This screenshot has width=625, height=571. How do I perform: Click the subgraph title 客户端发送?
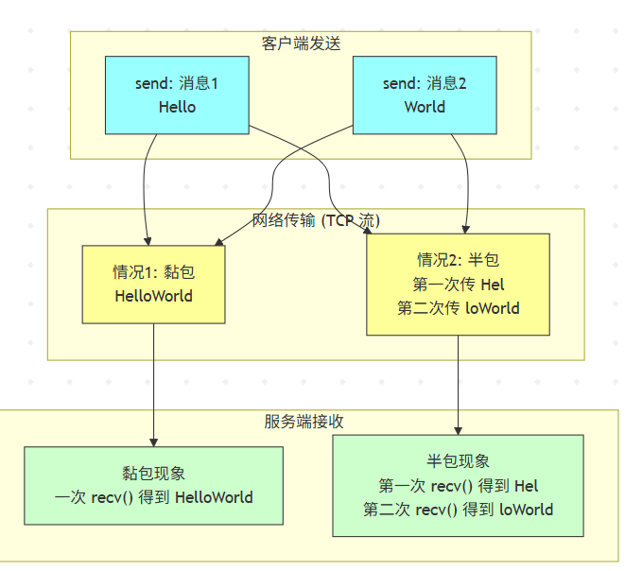(x=300, y=43)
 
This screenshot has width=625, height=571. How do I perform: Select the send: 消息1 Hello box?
(x=177, y=95)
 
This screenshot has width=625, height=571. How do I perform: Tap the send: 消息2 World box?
(x=425, y=95)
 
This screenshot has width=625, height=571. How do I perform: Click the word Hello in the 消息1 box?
(x=177, y=107)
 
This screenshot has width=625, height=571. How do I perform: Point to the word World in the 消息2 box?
(x=425, y=107)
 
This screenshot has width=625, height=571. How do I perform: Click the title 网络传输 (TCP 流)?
(x=316, y=221)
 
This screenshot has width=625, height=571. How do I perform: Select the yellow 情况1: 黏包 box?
(x=153, y=284)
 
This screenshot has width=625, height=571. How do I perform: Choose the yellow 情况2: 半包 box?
(x=459, y=283)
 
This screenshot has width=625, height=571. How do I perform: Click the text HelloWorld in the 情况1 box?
(x=153, y=296)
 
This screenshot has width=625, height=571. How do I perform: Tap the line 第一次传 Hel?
(x=459, y=283)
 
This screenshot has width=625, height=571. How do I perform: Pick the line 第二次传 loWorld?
(x=459, y=307)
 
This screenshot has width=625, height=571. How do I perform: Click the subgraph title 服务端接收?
(x=304, y=422)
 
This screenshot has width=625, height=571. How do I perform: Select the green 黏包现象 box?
(x=153, y=485)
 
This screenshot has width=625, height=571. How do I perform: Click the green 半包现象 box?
(x=459, y=485)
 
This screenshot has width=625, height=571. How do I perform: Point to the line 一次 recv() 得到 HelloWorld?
(x=153, y=497)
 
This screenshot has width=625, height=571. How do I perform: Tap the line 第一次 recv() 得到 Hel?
(x=459, y=486)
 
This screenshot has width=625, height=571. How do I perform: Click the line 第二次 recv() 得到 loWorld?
(x=459, y=510)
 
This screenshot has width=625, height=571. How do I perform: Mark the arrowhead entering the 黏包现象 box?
(x=153, y=441)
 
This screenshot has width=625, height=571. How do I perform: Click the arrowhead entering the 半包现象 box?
(x=459, y=430)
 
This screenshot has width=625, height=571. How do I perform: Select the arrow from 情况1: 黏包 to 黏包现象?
(x=153, y=378)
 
